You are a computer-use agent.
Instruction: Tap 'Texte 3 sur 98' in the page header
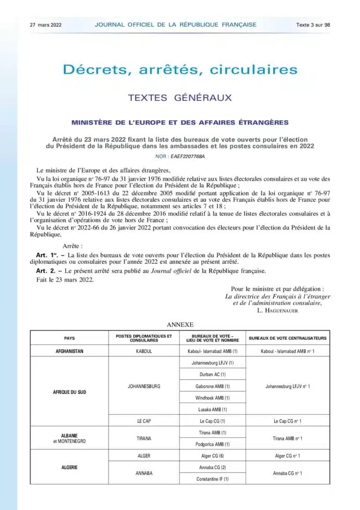tap(313, 25)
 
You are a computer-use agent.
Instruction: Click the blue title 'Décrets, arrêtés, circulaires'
tap(180, 70)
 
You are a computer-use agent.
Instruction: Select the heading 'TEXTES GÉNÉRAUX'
tap(180, 98)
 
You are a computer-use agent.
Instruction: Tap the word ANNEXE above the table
tap(180, 324)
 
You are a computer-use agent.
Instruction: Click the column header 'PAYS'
tap(69, 338)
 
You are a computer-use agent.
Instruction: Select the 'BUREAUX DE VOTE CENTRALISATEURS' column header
tap(288, 338)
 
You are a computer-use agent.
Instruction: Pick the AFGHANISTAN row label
tap(69, 351)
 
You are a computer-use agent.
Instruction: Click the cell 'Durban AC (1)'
tap(212, 374)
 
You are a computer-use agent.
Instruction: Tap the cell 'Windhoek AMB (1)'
tap(212, 398)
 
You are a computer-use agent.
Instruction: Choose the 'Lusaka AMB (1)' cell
tap(212, 410)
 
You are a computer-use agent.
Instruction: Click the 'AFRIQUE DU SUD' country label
tap(69, 392)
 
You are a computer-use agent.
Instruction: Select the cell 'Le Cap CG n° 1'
tap(288, 421)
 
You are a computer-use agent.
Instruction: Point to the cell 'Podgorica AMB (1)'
tap(212, 444)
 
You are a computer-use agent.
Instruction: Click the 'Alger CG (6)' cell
tap(212, 456)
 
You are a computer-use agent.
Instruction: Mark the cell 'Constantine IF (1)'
tap(212, 479)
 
